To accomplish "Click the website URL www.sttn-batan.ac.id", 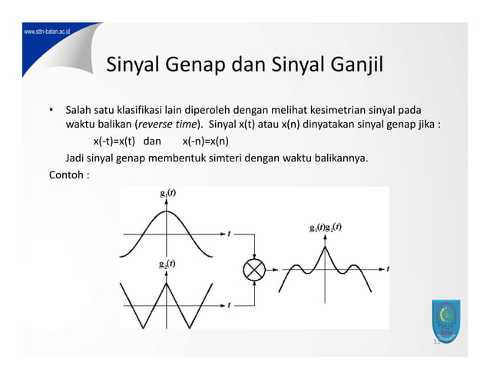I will [x=36, y=33].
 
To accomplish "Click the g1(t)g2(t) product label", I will [x=326, y=228].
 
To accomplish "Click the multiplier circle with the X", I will [x=253, y=269].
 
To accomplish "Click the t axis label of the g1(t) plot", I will [x=229, y=233].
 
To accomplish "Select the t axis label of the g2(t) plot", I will [x=229, y=305].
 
